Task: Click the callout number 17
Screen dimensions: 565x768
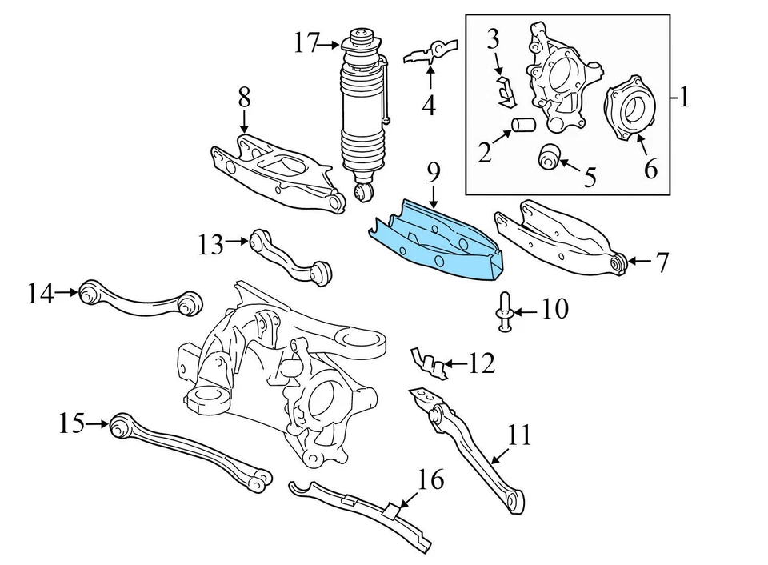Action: click(306, 42)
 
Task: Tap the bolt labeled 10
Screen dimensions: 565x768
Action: click(506, 310)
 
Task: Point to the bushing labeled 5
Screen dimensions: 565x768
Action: click(550, 156)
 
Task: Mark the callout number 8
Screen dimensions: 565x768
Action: click(243, 98)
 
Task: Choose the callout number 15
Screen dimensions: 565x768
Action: click(71, 422)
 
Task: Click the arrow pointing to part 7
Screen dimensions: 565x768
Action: click(638, 261)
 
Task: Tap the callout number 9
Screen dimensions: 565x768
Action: click(433, 172)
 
